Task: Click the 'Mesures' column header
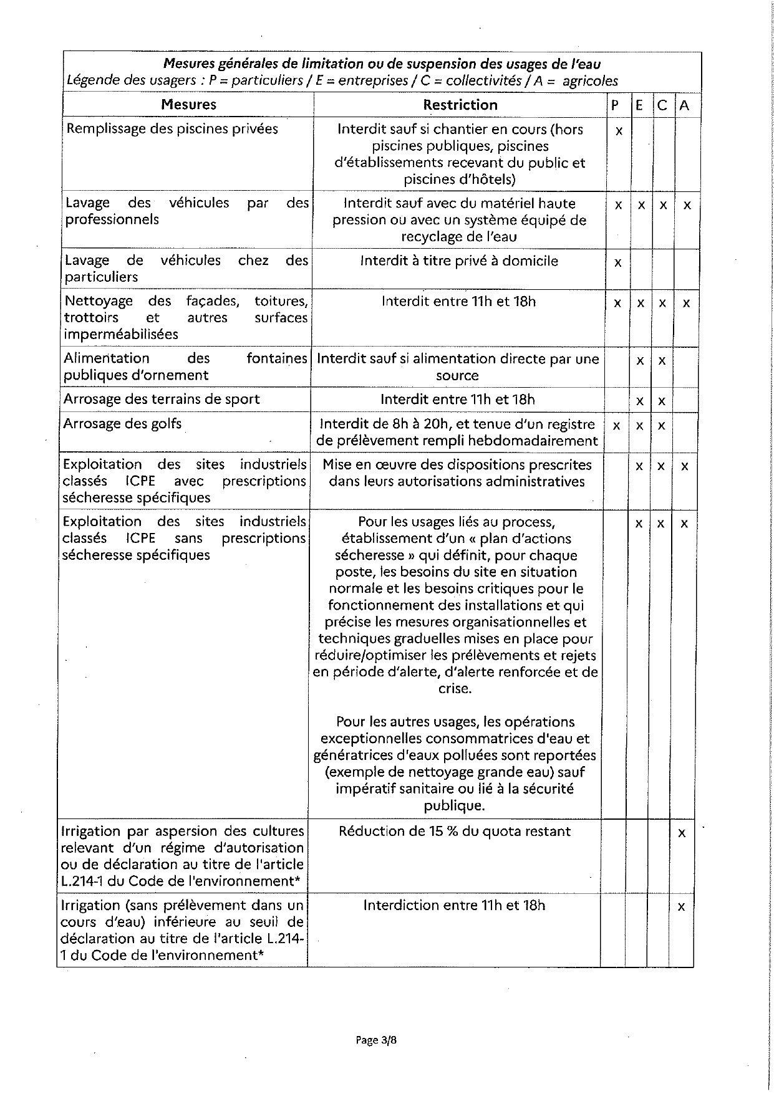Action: [x=188, y=105]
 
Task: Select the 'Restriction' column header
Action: [x=460, y=105]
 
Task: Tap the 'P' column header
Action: [x=615, y=105]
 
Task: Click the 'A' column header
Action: [x=684, y=105]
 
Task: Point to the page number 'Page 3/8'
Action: [x=376, y=1039]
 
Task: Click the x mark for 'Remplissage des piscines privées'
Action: [x=619, y=132]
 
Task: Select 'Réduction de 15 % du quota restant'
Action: [x=455, y=831]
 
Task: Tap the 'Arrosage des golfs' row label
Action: [x=122, y=424]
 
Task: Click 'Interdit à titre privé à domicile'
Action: [x=459, y=261]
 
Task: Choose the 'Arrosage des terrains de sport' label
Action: [x=162, y=399]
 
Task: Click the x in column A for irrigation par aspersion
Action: [x=682, y=833]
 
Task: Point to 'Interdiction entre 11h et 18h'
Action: [x=454, y=904]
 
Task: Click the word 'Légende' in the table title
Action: [x=91, y=81]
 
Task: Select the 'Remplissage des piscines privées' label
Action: [x=172, y=129]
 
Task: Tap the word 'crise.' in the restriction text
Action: [x=455, y=689]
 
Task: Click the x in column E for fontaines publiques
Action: [x=639, y=361]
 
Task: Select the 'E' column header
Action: [x=639, y=105]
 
